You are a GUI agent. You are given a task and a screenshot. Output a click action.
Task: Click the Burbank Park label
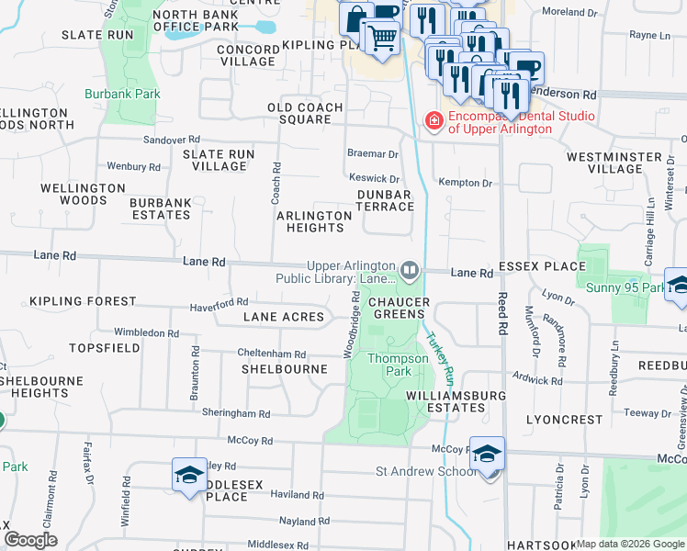[x=122, y=94]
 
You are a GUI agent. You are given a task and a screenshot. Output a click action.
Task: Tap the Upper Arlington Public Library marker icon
[x=410, y=270]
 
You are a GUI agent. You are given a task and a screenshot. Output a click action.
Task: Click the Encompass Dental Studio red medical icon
[x=433, y=120]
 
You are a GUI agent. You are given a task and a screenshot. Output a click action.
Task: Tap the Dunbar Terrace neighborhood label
[x=386, y=200]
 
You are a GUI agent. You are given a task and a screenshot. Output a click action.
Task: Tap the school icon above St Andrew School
[x=487, y=452]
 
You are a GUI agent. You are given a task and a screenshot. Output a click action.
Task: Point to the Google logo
[x=30, y=540]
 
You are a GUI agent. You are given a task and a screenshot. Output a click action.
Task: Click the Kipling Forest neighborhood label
[x=83, y=301]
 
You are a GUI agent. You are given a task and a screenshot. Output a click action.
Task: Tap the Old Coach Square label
[x=305, y=114]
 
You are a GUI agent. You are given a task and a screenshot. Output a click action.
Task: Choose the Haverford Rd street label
[x=219, y=303]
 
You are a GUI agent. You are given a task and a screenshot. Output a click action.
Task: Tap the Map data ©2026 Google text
[x=630, y=544]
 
